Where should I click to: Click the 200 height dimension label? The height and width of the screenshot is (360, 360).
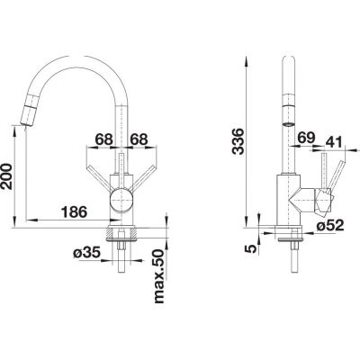[7, 176]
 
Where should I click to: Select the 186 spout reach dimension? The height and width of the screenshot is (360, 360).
[74, 212]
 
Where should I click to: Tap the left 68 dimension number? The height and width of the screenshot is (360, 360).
[103, 139]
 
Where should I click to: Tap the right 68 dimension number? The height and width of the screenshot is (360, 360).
[139, 139]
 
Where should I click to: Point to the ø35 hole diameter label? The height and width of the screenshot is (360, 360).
[86, 254]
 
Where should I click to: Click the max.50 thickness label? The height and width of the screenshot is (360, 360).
[159, 275]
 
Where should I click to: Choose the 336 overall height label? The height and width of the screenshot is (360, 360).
[239, 141]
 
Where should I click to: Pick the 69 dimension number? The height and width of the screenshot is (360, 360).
[306, 138]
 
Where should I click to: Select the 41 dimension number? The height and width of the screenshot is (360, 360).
[333, 142]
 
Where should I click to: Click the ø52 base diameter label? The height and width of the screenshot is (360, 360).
[329, 225]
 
